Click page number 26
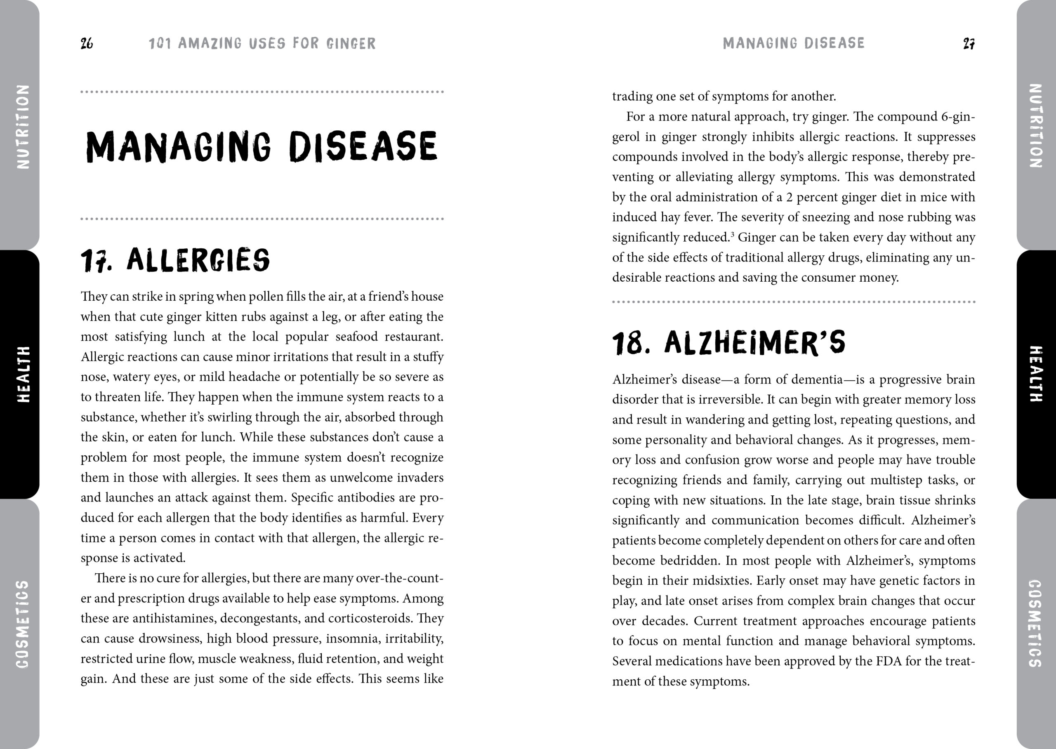tap(87, 43)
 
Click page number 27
tap(969, 43)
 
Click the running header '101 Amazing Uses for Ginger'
tap(262, 43)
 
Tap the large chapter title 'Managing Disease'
tap(262, 147)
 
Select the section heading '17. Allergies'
tap(175, 260)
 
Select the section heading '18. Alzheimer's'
tap(728, 343)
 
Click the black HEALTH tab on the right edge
tap(1035, 374)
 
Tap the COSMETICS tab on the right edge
tap(1035, 624)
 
